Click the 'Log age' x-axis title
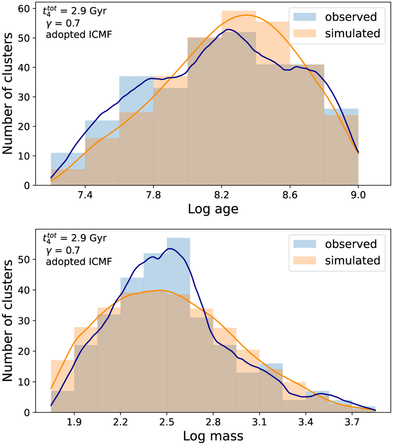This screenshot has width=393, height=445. tap(213, 209)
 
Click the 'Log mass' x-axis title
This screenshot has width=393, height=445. tap(213, 436)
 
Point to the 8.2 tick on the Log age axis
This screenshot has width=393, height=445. tap(222, 195)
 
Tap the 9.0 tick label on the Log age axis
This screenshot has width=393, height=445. tap(358, 195)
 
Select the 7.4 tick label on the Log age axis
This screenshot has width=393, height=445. tap(85, 195)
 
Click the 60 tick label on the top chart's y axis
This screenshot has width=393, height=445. tap(25, 9)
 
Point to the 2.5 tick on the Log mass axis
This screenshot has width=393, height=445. tap(167, 422)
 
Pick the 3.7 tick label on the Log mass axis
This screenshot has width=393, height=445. tap(352, 422)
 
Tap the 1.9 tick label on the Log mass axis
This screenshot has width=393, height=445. tap(74, 422)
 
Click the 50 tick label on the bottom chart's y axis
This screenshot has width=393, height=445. tap(25, 259)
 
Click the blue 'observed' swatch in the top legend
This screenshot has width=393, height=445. tap(305, 17)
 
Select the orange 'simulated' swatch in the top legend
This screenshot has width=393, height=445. tap(305, 33)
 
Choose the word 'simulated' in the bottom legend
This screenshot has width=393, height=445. tap(352, 260)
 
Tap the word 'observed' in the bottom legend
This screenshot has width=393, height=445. tap(351, 244)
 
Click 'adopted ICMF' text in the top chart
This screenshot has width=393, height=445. tap(79, 34)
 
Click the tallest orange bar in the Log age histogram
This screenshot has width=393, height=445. tap(239, 98)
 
